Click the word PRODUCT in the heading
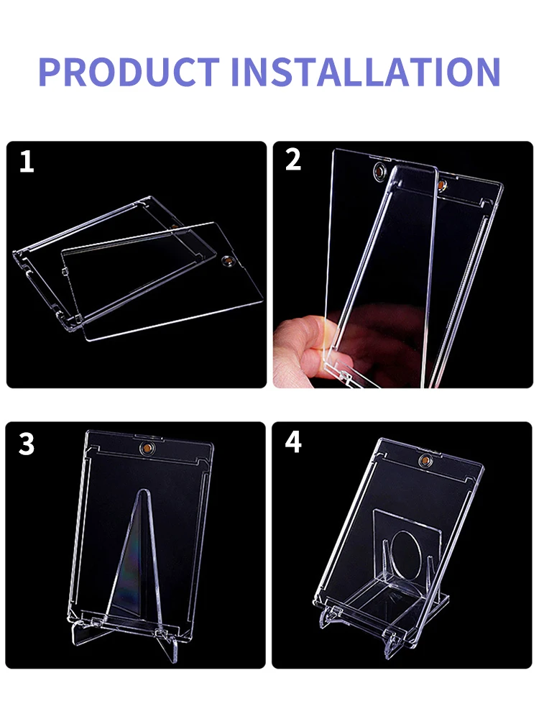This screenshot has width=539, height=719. [x=129, y=71]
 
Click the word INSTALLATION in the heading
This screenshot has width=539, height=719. [x=366, y=71]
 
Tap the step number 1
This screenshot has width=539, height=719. [x=27, y=162]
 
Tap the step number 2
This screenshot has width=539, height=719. [x=293, y=160]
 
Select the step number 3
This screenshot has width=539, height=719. [x=27, y=444]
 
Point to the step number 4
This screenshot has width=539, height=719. [x=293, y=441]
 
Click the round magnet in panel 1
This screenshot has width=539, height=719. [x=227, y=262]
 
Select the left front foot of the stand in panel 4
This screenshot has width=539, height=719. [x=328, y=617]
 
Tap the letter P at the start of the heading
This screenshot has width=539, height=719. [x=50, y=71]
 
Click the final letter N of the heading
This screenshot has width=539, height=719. [x=488, y=71]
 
